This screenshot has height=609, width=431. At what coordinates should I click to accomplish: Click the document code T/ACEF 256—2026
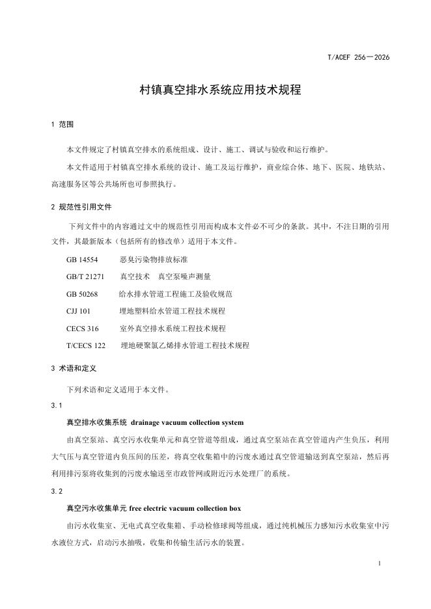358,58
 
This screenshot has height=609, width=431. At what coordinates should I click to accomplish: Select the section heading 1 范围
63,124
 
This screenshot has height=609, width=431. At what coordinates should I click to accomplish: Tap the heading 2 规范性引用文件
81,207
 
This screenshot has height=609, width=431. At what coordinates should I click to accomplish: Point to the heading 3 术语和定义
74,368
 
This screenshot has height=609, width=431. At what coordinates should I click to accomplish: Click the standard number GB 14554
82,259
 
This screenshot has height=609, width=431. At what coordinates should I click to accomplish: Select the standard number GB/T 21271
85,276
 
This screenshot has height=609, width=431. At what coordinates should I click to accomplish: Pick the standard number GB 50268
82,293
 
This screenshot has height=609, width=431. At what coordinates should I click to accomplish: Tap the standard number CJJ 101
78,311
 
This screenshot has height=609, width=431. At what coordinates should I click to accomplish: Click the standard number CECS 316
83,329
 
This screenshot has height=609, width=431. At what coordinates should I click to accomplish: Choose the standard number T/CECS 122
86,345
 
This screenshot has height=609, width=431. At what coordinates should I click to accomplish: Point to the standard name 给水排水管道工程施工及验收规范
176,293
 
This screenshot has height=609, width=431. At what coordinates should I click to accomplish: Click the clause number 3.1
56,406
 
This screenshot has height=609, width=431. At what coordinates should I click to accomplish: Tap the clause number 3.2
56,491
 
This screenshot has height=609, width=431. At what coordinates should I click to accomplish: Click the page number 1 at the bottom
378,563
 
